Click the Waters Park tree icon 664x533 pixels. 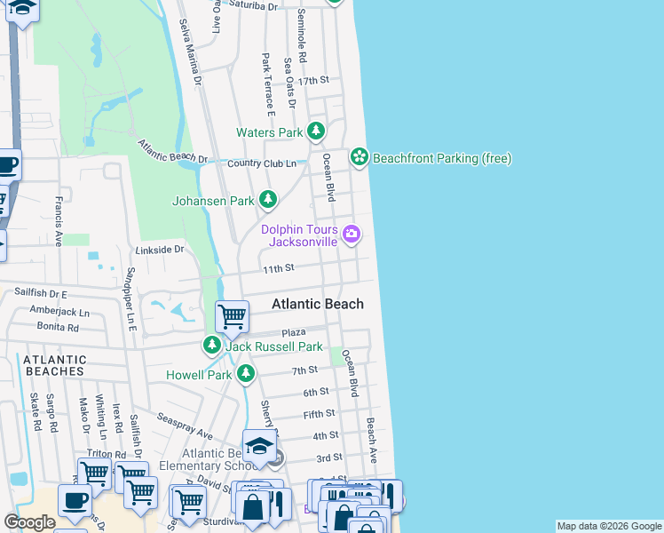click(316, 132)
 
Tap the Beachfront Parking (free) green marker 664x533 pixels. click(359, 158)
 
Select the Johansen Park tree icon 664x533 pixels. click(268, 201)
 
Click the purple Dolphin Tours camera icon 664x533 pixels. click(352, 235)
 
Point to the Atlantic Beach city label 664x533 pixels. click(317, 304)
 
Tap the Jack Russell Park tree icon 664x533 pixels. click(212, 346)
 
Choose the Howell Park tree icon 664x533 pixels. click(245, 374)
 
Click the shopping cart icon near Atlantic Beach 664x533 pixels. click(232, 315)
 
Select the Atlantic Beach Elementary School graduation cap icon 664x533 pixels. click(258, 446)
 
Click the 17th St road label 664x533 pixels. click(314, 81)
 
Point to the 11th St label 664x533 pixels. click(277, 268)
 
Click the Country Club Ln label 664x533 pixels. click(262, 163)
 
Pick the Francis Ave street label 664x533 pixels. click(58, 221)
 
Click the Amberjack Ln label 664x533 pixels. click(59, 313)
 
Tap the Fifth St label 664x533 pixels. click(319, 414)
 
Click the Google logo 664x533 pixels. click(29, 522)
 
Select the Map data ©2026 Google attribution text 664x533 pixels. click(609, 526)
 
